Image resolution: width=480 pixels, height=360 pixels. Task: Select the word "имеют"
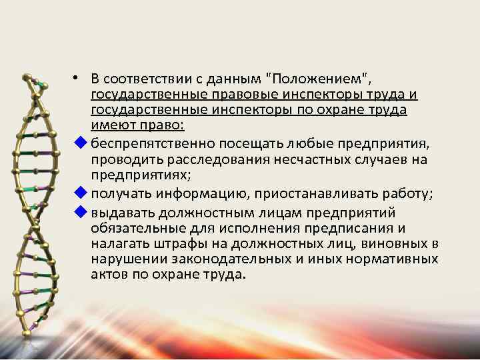click(x=110, y=125)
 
